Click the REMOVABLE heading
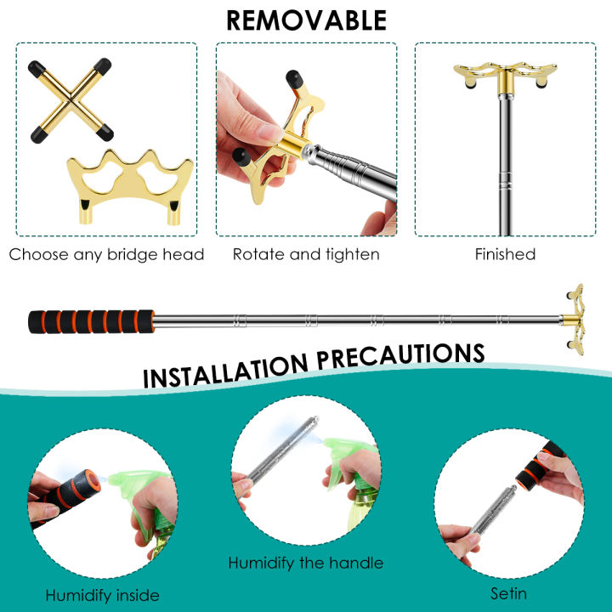306,20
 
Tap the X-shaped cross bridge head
71,100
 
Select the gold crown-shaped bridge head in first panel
130,186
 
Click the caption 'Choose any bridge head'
106,254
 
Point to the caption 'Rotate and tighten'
306,254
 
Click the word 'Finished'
505,254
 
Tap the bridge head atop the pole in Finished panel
505,76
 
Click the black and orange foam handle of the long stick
91,321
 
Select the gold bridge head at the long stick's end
574,320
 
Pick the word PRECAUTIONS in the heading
401,355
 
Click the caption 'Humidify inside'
102,596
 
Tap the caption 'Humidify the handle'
306,564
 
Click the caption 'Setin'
508,593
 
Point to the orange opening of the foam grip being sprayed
93,480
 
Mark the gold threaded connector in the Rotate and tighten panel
296,145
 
